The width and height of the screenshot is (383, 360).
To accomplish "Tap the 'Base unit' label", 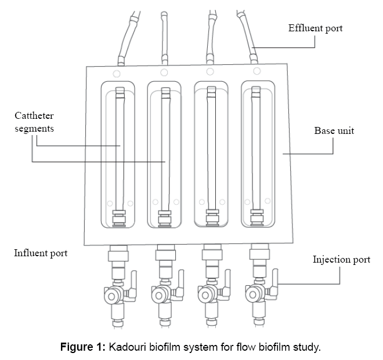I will pyautogui.click(x=334, y=130).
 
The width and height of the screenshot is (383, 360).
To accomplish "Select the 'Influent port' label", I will pyautogui.click(x=41, y=253).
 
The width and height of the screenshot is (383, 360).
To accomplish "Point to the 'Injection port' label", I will pyautogui.click(x=341, y=259).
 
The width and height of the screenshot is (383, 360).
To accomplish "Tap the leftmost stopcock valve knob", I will pyautogui.click(x=111, y=296).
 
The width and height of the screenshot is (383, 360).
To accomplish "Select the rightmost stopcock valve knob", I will pyautogui.click(x=252, y=295).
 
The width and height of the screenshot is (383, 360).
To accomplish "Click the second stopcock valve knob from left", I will pyautogui.click(x=158, y=296).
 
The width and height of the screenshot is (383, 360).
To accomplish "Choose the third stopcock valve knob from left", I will pyautogui.click(x=205, y=296).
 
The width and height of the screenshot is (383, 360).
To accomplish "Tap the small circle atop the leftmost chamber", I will pyautogui.click(x=117, y=73).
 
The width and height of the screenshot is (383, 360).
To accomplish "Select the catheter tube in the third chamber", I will pyautogui.click(x=210, y=151).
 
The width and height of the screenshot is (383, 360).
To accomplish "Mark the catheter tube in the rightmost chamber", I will pyautogui.click(x=255, y=151).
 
